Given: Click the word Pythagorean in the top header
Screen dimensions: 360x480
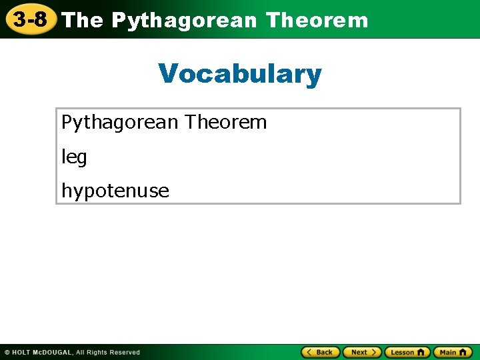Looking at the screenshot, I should pyautogui.click(x=184, y=21).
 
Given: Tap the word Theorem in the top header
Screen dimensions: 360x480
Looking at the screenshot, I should pyautogui.click(x=317, y=21).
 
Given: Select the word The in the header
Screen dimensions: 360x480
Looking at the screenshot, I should pyautogui.click(x=83, y=21).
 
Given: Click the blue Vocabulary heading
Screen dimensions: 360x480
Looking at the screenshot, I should pyautogui.click(x=240, y=73).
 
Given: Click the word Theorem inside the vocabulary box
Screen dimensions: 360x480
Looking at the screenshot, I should pyautogui.click(x=226, y=122).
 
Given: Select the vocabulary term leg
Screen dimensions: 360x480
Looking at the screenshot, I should pyautogui.click(x=74, y=157).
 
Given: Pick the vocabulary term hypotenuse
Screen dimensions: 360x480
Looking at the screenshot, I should pyautogui.click(x=115, y=191).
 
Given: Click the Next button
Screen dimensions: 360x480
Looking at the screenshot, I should pyautogui.click(x=362, y=352).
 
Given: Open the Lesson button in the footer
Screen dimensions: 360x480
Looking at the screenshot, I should pyautogui.click(x=407, y=352).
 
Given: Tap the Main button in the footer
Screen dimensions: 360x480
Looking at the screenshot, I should pyautogui.click(x=453, y=352).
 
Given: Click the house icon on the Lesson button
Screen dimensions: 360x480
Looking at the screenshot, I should pyautogui.click(x=421, y=352).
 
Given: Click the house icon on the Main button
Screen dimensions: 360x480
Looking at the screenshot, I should pyautogui.click(x=463, y=352).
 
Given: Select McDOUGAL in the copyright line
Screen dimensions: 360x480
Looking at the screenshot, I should pyautogui.click(x=53, y=353).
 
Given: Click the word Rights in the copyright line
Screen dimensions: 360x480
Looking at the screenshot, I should pyautogui.click(x=97, y=353).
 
